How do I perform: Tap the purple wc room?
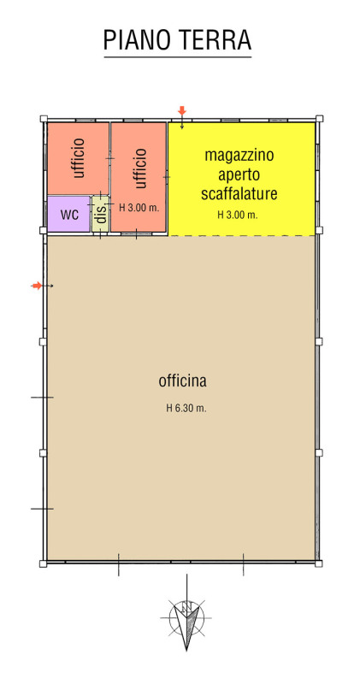tap(69, 214)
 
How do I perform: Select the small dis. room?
tap(101, 214)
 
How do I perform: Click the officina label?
tap(182, 381)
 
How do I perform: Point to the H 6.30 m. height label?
tap(186, 409)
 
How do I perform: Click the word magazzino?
tap(239, 156)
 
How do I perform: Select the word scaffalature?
tap(239, 193)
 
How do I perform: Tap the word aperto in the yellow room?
tap(239, 175)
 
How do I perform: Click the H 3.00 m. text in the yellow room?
tap(238, 215)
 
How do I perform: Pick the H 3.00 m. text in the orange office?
tap(139, 208)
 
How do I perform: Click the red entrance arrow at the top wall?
tap(182, 111)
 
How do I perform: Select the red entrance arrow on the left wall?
tap(37, 286)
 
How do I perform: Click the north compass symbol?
tap(186, 617)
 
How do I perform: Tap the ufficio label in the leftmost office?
tap(79, 158)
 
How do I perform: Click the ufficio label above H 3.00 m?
tap(139, 168)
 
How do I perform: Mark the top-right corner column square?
tap(320, 118)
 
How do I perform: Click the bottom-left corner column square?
tap(44, 563)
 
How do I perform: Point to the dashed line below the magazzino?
tap(242, 236)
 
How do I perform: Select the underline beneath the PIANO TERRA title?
tap(178, 57)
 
